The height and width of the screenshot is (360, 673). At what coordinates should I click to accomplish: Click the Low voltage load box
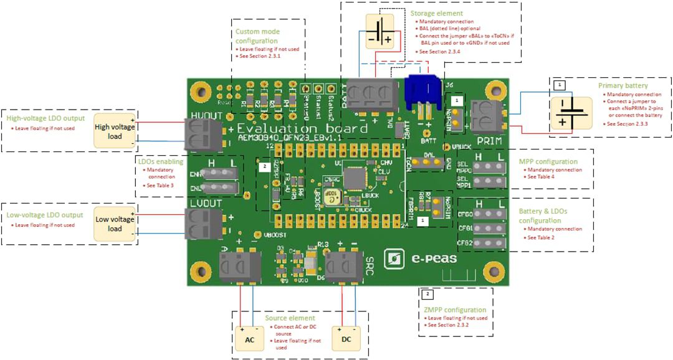tap(115, 224)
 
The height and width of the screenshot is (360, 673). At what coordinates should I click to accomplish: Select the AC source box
tap(250, 339)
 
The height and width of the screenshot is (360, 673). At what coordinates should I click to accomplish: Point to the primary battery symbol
tap(571, 113)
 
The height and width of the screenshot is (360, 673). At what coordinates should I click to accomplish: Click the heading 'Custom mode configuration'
tap(257, 36)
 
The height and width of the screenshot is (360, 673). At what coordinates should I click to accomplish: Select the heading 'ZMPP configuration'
tap(454, 310)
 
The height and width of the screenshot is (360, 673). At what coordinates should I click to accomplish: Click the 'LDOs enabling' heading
tap(160, 161)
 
